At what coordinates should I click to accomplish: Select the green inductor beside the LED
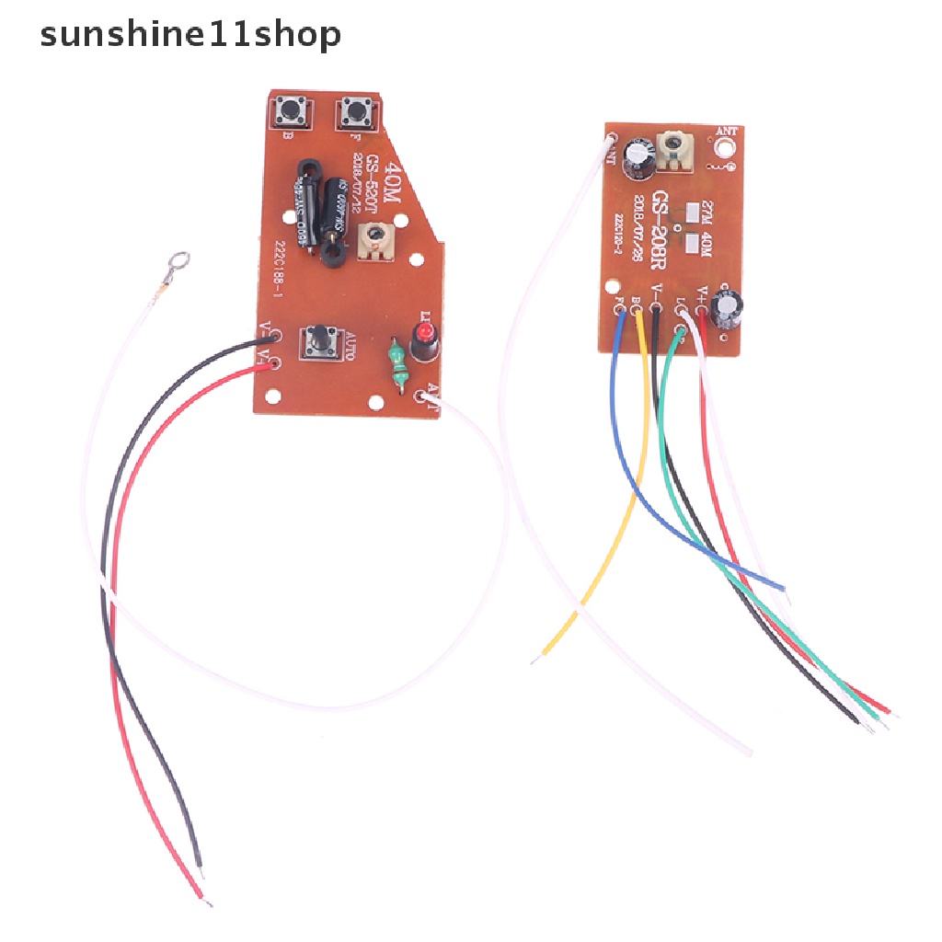pos(397,366)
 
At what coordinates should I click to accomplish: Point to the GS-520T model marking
pos(373,186)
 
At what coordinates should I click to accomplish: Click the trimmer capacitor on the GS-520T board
pos(373,241)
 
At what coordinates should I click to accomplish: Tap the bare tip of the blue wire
pos(782,587)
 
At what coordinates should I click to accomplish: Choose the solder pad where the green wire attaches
pos(681,311)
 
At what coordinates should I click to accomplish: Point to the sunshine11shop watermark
pos(190,35)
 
